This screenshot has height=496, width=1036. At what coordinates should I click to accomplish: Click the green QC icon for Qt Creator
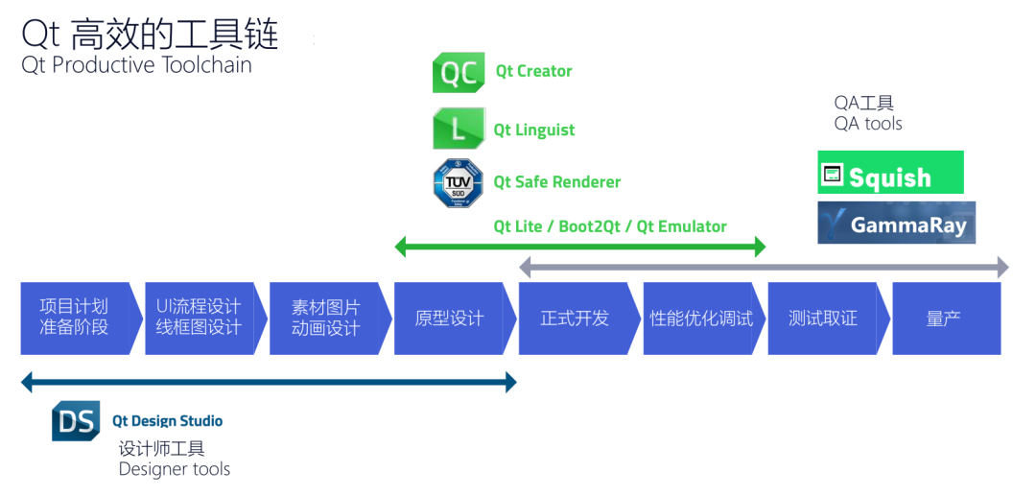[459, 73]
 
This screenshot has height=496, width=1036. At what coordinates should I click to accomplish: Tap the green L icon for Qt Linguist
[459, 129]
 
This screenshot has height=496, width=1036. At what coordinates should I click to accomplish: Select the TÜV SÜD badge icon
[458, 182]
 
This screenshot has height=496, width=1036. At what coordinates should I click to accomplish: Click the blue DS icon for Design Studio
[76, 421]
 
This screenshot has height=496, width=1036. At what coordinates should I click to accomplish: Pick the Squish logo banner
[889, 173]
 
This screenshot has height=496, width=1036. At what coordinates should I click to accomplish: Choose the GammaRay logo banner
[896, 223]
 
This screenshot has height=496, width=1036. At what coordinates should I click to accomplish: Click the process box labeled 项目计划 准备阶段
[74, 318]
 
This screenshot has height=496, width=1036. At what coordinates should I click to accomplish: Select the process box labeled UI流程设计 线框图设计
[199, 318]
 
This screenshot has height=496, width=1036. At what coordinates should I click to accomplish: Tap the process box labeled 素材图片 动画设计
[325, 318]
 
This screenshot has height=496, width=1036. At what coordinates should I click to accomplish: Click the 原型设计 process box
[449, 318]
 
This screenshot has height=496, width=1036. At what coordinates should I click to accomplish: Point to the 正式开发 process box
[574, 318]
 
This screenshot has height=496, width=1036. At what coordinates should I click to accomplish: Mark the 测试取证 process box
[822, 318]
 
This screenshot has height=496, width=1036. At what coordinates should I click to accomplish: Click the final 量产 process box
[945, 318]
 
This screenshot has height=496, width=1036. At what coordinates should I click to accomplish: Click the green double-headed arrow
[580, 248]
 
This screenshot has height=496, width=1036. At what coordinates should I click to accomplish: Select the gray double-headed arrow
[763, 267]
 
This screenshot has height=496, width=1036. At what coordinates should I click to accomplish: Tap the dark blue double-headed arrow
[269, 383]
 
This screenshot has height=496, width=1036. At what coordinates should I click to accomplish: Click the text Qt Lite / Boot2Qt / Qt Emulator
[610, 226]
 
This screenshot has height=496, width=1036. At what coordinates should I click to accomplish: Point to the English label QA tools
[868, 124]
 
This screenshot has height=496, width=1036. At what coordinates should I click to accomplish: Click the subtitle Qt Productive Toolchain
[137, 65]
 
